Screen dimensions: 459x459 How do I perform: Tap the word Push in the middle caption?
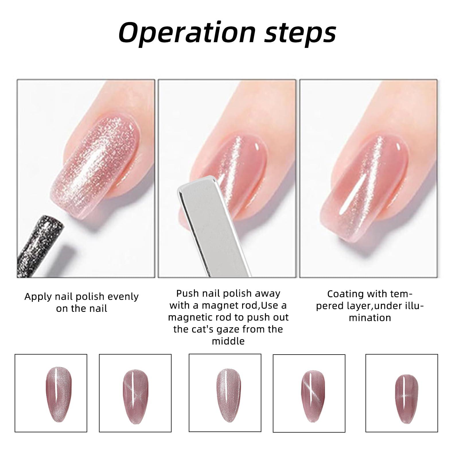(187, 293)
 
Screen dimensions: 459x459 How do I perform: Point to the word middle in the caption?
(228, 341)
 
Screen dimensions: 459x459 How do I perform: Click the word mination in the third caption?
(370, 318)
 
